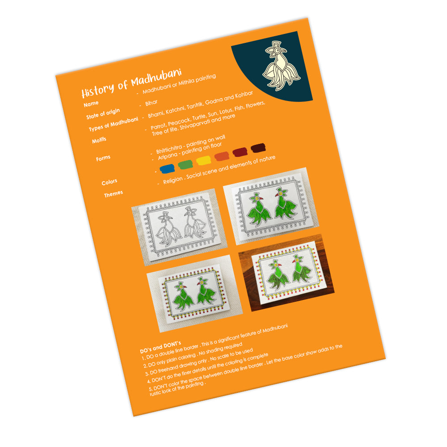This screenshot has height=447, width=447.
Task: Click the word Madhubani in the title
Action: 156,77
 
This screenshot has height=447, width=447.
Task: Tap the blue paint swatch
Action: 167,169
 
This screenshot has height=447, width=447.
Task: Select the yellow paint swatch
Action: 203,160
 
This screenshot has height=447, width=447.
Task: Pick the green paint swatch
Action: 186,164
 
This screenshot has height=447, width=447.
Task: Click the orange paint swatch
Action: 222,156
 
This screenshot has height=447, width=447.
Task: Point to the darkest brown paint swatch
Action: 258,148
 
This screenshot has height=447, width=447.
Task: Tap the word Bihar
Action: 151,103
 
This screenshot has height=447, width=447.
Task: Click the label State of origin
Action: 103,114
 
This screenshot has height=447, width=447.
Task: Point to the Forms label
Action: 103,158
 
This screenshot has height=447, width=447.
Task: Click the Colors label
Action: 109,182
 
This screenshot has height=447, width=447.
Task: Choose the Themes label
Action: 114,194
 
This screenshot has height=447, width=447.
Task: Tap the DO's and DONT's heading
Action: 160,347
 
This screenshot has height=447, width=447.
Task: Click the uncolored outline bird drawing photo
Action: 179,227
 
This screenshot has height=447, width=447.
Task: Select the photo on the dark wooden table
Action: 286,273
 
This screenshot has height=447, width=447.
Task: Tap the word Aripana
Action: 168,156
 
